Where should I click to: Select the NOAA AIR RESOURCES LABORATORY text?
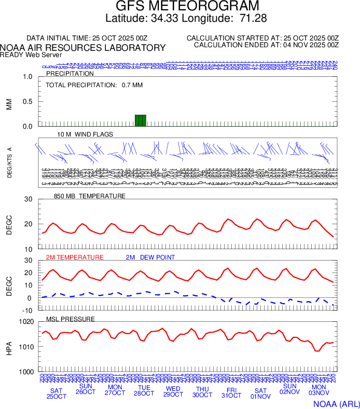pyautogui.click(x=83, y=48)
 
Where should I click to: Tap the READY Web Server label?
pyautogui.click(x=31, y=54)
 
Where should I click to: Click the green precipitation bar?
pyautogui.click(x=141, y=120)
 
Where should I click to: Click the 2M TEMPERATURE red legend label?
pyautogui.click(x=75, y=257)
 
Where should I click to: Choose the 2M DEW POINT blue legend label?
pyautogui.click(x=150, y=257)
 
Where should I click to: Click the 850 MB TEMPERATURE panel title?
pyautogui.click(x=89, y=196)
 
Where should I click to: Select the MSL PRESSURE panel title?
pyautogui.click(x=71, y=319)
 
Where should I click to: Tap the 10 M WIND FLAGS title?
pyautogui.click(x=85, y=134)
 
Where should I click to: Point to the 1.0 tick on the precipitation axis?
pyautogui.click(x=27, y=77)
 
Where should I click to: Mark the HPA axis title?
pyautogui.click(x=9, y=347)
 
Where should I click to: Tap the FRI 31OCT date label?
pyautogui.click(x=231, y=392)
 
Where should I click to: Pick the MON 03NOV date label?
pyautogui.click(x=319, y=391)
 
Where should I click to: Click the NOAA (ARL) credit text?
pyautogui.click(x=336, y=403)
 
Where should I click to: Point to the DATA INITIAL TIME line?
pyautogui.click(x=87, y=38)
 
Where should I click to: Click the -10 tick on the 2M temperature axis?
pyautogui.click(x=28, y=310)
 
